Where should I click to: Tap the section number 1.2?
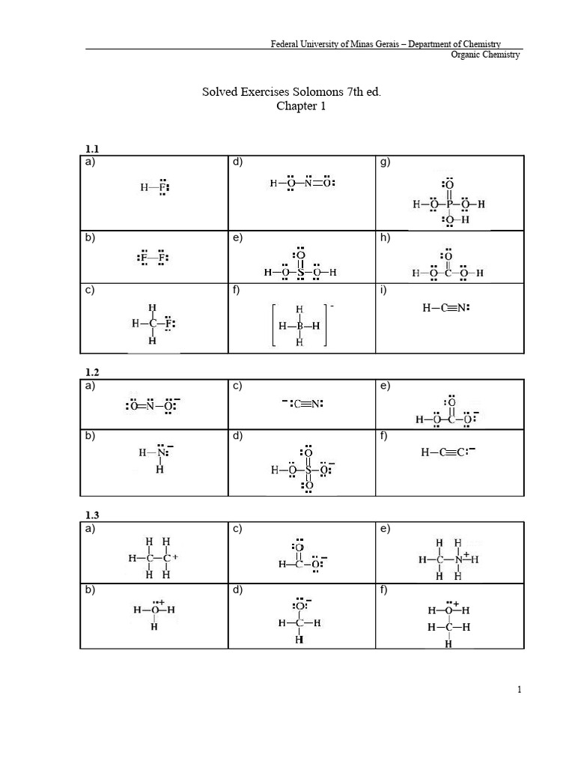(x=92, y=372)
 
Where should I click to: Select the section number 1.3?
(x=92, y=515)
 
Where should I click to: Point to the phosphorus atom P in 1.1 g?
(x=449, y=203)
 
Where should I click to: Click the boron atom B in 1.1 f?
(x=299, y=326)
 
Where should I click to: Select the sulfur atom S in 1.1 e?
(x=299, y=273)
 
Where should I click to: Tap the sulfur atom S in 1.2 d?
(x=308, y=470)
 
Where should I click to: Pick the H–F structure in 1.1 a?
(x=154, y=187)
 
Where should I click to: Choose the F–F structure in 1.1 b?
(x=153, y=258)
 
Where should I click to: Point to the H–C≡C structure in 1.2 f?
(x=448, y=452)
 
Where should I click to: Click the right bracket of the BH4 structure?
(x=326, y=326)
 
